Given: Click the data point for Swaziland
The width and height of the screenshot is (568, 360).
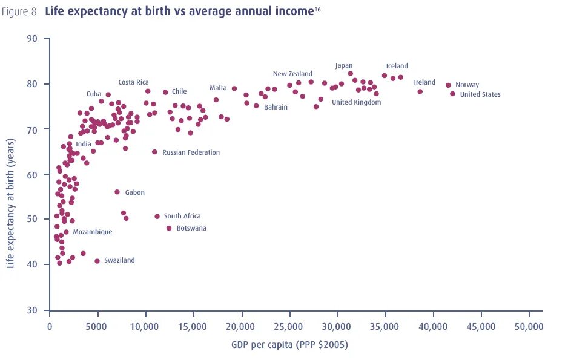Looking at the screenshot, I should [x=97, y=261].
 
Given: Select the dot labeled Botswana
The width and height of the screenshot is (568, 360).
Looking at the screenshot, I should [x=169, y=228].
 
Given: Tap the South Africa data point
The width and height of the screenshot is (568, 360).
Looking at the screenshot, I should [x=157, y=216].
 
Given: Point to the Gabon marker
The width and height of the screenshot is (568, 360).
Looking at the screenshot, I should [x=117, y=192].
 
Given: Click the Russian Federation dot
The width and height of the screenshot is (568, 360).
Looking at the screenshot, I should [x=154, y=152].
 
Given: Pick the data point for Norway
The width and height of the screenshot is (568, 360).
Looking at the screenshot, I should [x=448, y=85].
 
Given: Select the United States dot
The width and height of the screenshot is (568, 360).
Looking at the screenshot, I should [x=452, y=94].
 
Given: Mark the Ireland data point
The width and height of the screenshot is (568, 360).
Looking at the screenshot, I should [x=420, y=91].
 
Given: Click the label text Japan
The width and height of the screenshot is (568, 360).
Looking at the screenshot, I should [x=344, y=65].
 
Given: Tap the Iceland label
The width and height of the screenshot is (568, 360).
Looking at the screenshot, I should [x=397, y=66].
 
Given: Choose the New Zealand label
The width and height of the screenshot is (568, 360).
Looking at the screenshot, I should [x=292, y=74].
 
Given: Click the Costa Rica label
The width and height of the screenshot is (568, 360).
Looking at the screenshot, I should [x=133, y=82].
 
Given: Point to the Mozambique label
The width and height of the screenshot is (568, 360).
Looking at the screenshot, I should [x=93, y=232].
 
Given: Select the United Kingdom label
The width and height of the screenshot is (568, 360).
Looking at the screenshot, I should [x=356, y=102].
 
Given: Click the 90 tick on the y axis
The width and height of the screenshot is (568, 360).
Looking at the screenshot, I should [x=32, y=39].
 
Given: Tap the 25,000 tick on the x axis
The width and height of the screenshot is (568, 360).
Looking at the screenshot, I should [x=289, y=327].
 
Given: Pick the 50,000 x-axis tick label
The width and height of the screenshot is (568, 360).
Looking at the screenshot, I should [x=529, y=327].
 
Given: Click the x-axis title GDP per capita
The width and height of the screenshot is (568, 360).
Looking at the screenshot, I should [x=289, y=345].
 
